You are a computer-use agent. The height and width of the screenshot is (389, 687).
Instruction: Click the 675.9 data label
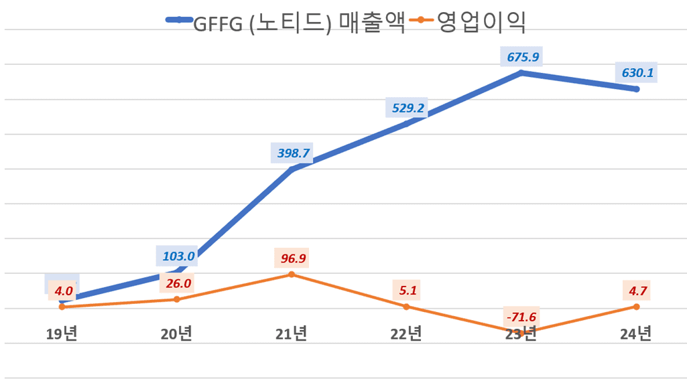tap(521, 57)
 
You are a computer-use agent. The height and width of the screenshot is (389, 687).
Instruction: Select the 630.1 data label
tap(636, 73)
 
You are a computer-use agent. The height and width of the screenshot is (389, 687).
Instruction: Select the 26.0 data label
tap(177, 283)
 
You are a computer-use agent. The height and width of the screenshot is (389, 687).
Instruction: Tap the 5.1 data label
tap(406, 291)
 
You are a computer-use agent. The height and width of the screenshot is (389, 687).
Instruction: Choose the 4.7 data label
tap(636, 291)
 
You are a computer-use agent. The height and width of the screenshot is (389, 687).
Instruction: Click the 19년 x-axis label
tap(62, 333)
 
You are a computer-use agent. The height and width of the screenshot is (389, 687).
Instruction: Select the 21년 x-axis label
tap(292, 333)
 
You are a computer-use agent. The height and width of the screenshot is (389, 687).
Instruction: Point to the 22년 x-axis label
tap(406, 333)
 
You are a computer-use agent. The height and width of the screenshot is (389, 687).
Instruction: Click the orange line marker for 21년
tap(292, 275)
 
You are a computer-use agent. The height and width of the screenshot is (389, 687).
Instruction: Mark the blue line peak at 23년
tap(521, 72)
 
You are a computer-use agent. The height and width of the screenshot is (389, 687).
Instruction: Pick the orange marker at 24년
tap(636, 307)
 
